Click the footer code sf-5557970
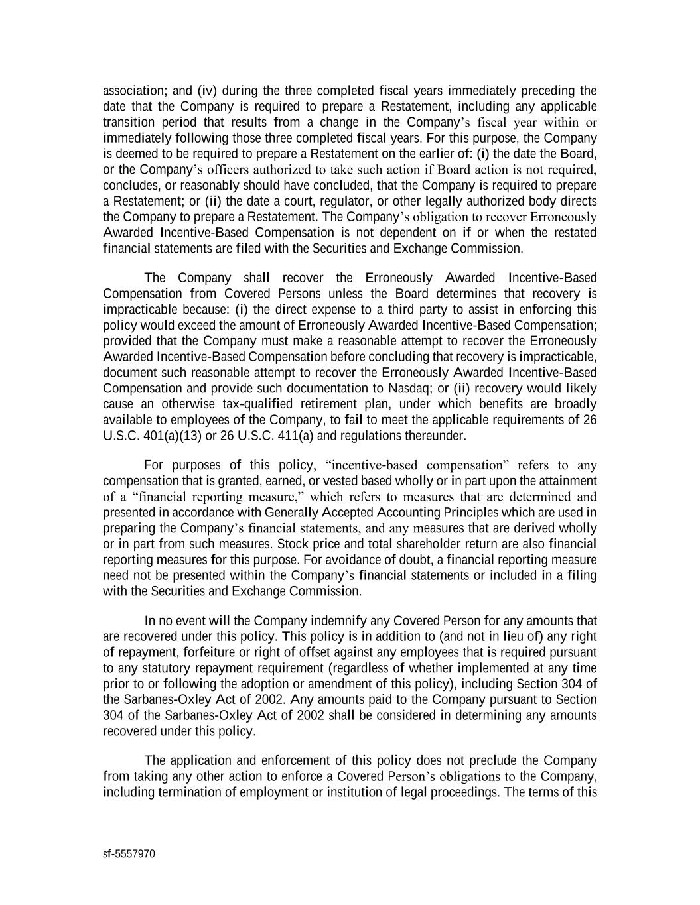(129, 854)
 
